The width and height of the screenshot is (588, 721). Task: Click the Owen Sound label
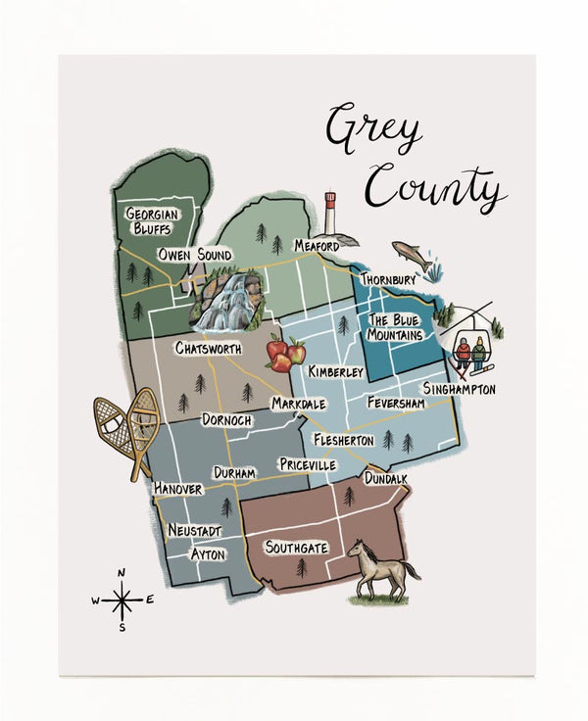pos(196,255)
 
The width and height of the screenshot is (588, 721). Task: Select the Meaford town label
pos(317,246)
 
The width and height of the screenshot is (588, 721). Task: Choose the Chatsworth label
pos(211,348)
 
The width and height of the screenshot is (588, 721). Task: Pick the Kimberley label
pos(335,372)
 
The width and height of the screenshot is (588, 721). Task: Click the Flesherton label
pos(343,440)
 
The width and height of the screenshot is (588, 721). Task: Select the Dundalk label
pos(386,479)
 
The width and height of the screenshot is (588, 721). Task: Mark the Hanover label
pos(178,488)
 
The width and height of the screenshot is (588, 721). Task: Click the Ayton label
pos(208,554)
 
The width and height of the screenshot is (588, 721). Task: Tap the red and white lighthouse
pos(330,214)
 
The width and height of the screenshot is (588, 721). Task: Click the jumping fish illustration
pos(412,255)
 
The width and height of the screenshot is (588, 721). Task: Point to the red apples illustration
pos(285,354)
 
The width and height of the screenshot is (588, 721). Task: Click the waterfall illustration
pos(227,302)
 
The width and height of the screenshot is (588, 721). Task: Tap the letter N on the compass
pos(122,573)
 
